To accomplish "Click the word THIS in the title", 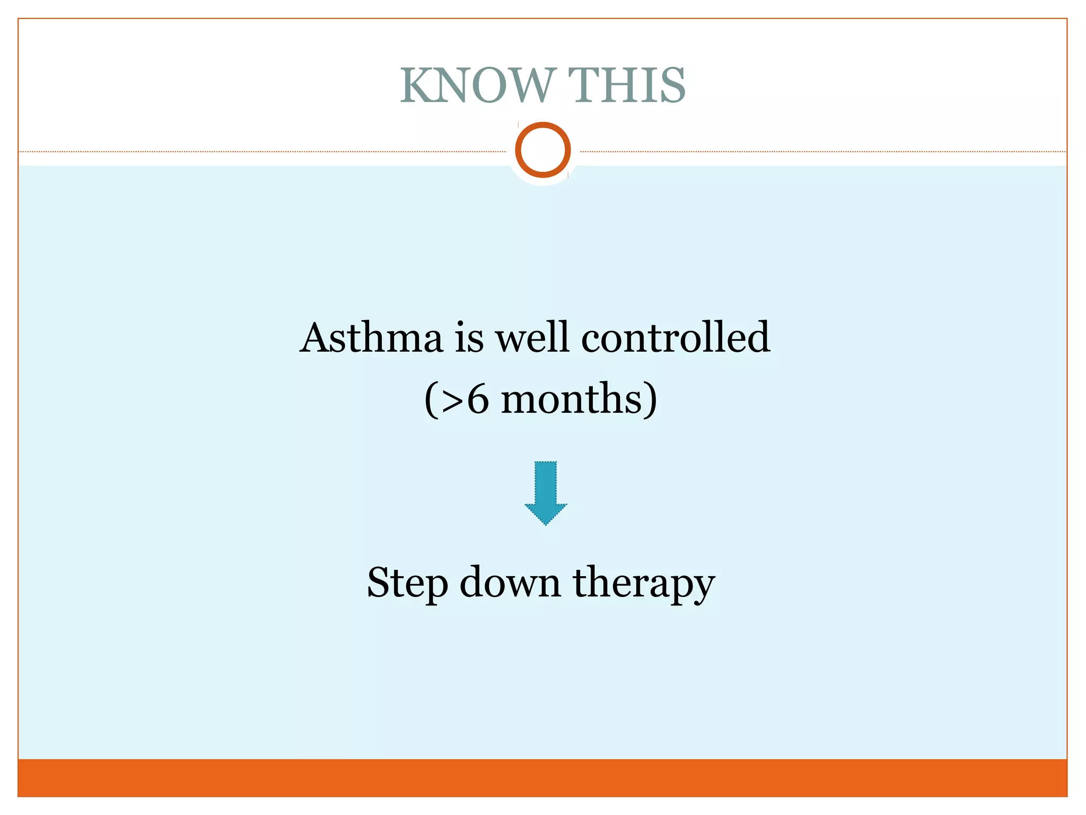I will click(x=627, y=86).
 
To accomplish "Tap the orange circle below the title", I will click(x=542, y=150).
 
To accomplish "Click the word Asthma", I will click(x=371, y=338).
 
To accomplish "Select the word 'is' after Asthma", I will click(x=469, y=338).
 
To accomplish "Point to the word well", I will click(x=532, y=338).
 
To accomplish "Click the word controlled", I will click(x=675, y=338).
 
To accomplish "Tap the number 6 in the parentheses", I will click(x=477, y=400).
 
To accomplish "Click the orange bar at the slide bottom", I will click(x=542, y=777).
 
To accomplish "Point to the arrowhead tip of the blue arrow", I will click(x=546, y=523).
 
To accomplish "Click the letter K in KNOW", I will click(x=417, y=86).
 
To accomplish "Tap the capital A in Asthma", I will click(x=318, y=338).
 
